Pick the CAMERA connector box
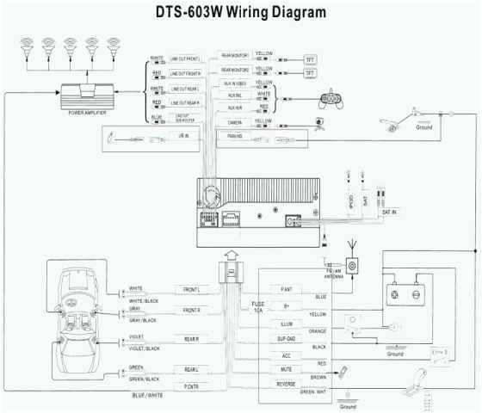click(234, 122)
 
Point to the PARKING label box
click(234, 137)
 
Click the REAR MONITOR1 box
click(234, 56)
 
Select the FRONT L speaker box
click(192, 290)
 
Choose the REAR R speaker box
click(192, 340)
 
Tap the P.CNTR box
click(192, 388)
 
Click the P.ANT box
click(287, 290)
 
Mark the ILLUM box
click(287, 324)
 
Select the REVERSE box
click(287, 385)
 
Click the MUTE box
click(287, 369)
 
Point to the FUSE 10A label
click(257, 307)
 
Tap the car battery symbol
click(403, 293)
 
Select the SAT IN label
click(390, 212)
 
